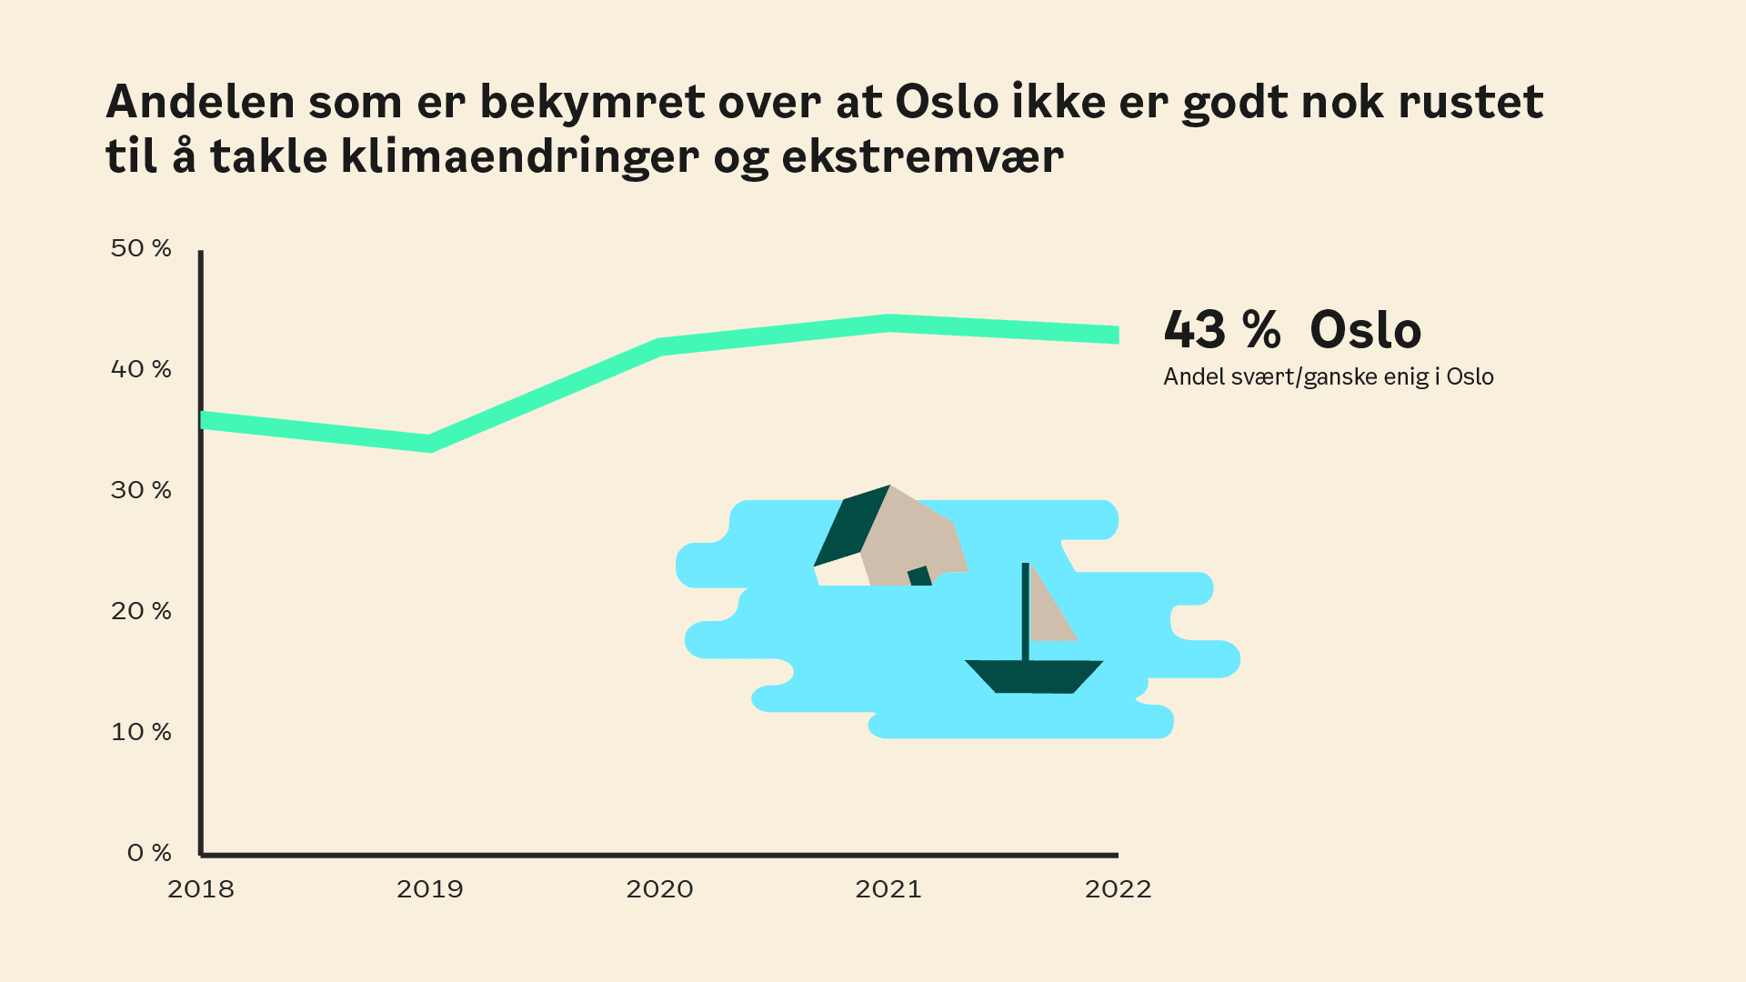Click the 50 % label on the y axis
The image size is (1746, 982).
pyautogui.click(x=141, y=248)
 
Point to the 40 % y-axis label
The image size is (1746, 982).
pyautogui.click(x=141, y=369)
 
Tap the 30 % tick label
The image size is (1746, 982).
pyautogui.click(x=141, y=490)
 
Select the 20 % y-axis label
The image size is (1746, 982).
pyautogui.click(x=141, y=611)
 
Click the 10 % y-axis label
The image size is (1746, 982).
pyautogui.click(x=141, y=732)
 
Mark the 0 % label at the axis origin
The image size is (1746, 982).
pyautogui.click(x=149, y=853)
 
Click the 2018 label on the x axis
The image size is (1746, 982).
pyautogui.click(x=201, y=889)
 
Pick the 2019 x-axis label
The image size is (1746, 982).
pyautogui.click(x=430, y=889)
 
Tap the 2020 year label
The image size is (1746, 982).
pyautogui.click(x=659, y=889)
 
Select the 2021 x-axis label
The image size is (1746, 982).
pyautogui.click(x=888, y=889)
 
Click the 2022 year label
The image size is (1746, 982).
pyautogui.click(x=1118, y=889)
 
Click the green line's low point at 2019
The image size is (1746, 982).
pyautogui.click(x=430, y=444)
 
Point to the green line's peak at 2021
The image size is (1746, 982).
pyautogui.click(x=889, y=323)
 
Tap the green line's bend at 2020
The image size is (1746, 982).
pyautogui.click(x=660, y=346)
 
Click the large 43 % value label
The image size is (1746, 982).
pyautogui.click(x=1222, y=329)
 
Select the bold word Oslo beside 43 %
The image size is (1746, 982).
pyautogui.click(x=1365, y=329)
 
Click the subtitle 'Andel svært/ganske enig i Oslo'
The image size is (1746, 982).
pyautogui.click(x=1329, y=376)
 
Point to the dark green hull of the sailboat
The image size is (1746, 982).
pyautogui.click(x=1034, y=676)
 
